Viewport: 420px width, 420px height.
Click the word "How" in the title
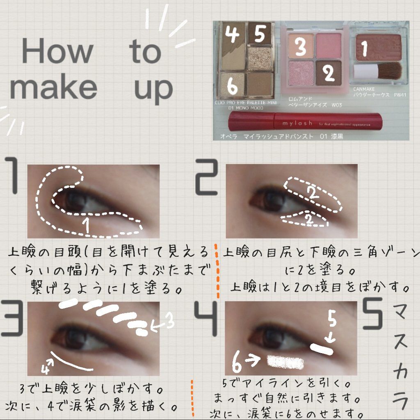(x=57, y=51)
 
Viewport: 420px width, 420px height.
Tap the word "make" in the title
(x=53, y=87)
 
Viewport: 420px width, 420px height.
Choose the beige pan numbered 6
(x=232, y=84)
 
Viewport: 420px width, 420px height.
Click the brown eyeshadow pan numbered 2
(x=329, y=73)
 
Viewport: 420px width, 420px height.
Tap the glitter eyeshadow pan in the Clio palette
(x=260, y=58)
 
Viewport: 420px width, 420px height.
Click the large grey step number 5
(x=373, y=314)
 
